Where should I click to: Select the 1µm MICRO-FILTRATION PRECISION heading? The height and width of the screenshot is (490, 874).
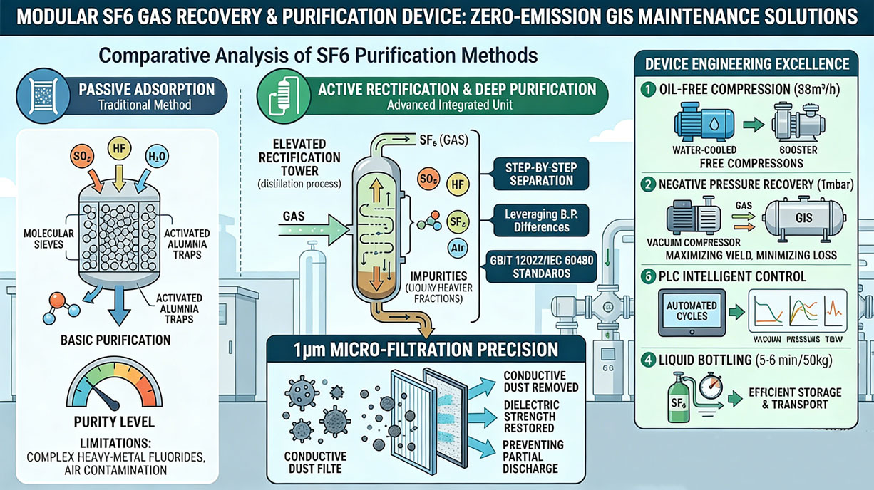(x=426, y=350)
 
